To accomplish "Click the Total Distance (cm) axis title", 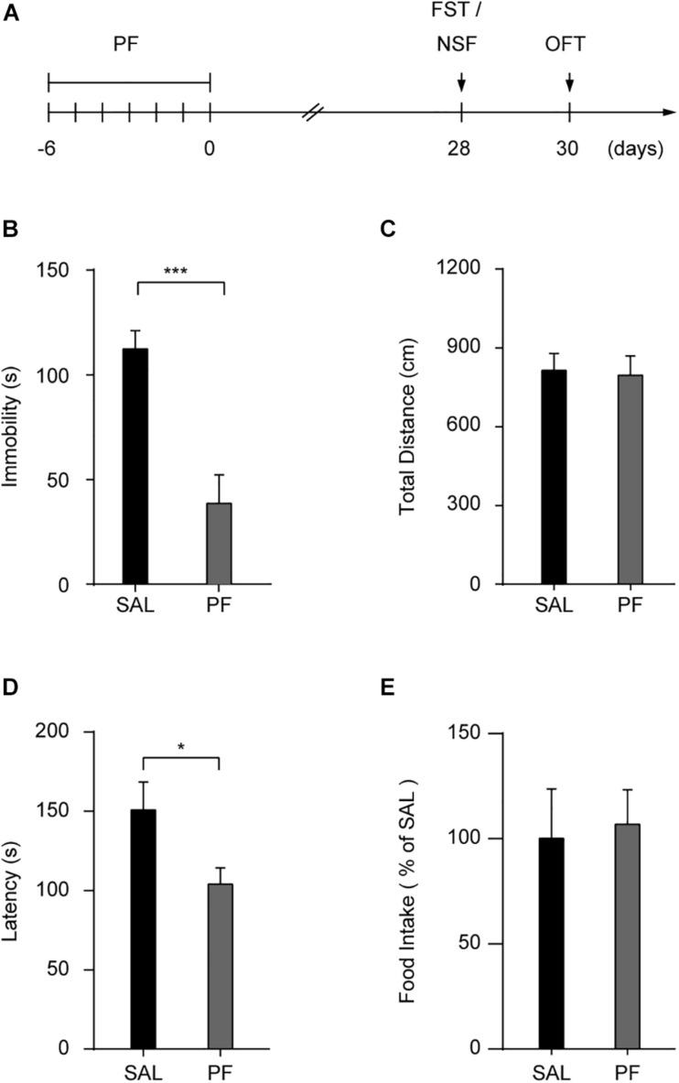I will pyautogui.click(x=409, y=427).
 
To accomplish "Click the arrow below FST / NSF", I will pyautogui.click(x=461, y=84).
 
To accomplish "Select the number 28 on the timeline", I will pyautogui.click(x=460, y=149).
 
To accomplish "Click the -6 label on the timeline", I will pyautogui.click(x=48, y=149).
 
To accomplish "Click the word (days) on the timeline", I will pyautogui.click(x=633, y=149).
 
